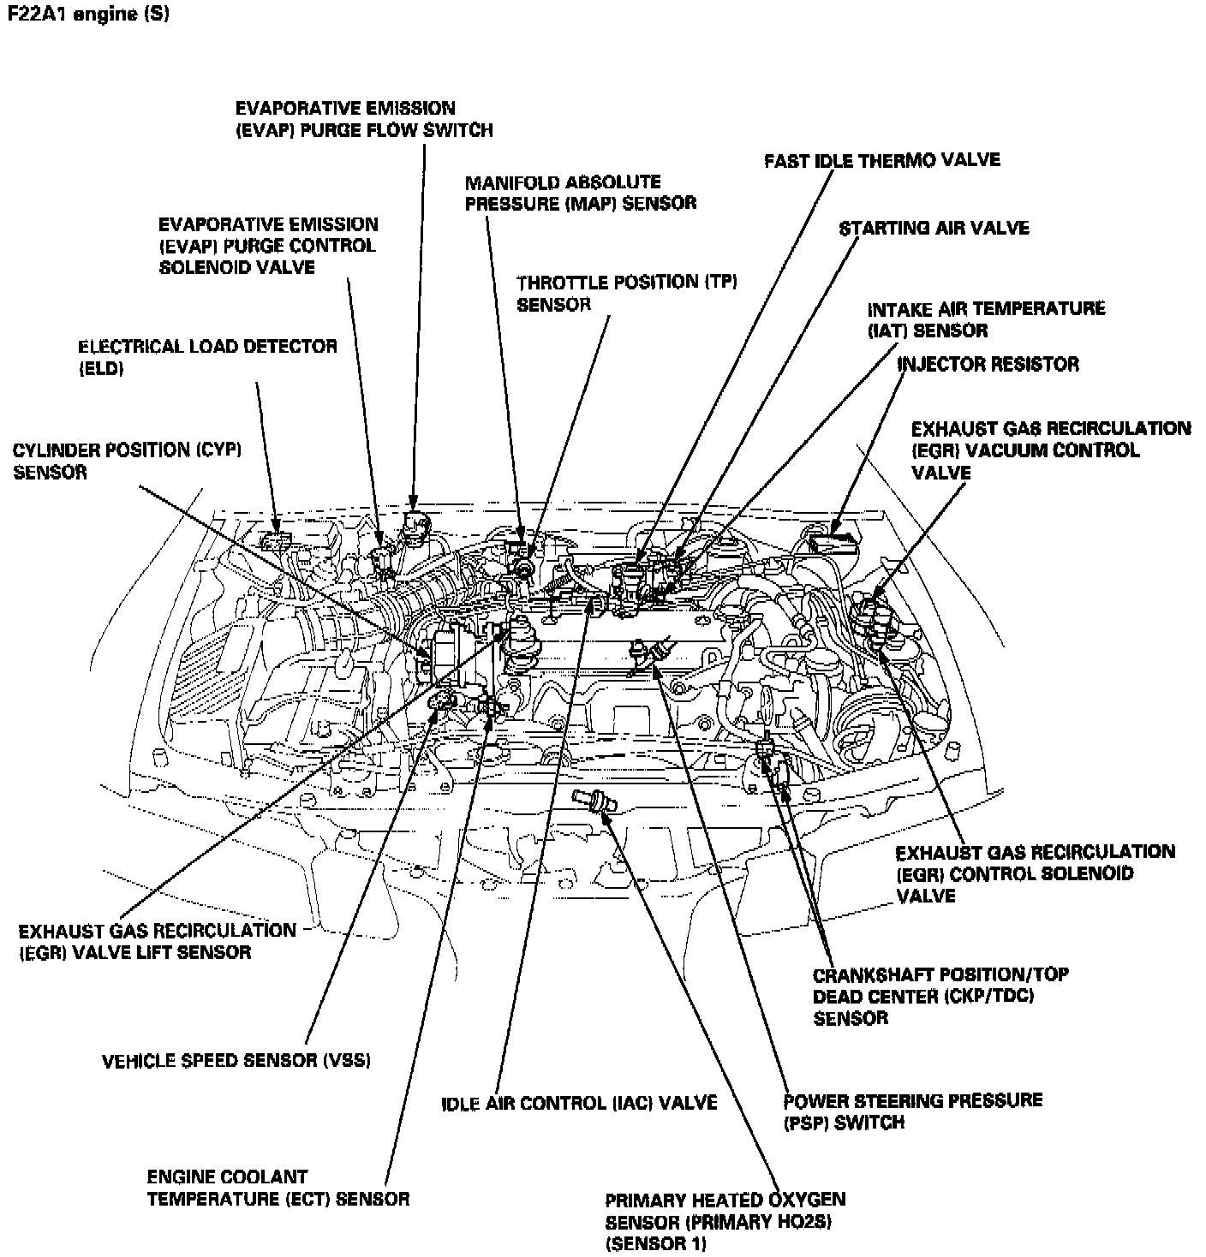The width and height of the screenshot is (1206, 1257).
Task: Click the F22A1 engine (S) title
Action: (87, 15)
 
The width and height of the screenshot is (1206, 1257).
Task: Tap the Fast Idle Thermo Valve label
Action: (881, 161)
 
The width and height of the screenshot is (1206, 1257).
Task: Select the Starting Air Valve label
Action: (934, 229)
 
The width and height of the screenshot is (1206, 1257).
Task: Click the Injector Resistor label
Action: (988, 365)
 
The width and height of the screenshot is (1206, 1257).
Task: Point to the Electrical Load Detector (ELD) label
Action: (207, 357)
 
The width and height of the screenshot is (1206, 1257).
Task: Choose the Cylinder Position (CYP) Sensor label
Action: (127, 461)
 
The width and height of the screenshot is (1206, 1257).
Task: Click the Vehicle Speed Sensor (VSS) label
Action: (236, 1061)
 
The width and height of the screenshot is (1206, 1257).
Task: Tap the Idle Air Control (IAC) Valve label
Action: (578, 1103)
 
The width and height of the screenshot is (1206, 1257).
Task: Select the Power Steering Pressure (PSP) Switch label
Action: (912, 1111)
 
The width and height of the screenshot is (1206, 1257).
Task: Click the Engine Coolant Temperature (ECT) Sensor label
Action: (278, 1188)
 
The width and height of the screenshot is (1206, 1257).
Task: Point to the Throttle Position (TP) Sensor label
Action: (627, 293)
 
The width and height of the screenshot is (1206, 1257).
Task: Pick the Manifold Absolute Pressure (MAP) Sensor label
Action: (580, 193)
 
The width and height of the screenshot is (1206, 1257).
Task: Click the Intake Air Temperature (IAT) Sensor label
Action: (986, 319)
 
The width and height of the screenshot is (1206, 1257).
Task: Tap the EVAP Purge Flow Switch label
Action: (364, 119)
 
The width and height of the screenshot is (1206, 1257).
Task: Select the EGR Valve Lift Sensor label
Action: (157, 941)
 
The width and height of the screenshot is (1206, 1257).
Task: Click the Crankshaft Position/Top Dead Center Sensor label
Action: (940, 996)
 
